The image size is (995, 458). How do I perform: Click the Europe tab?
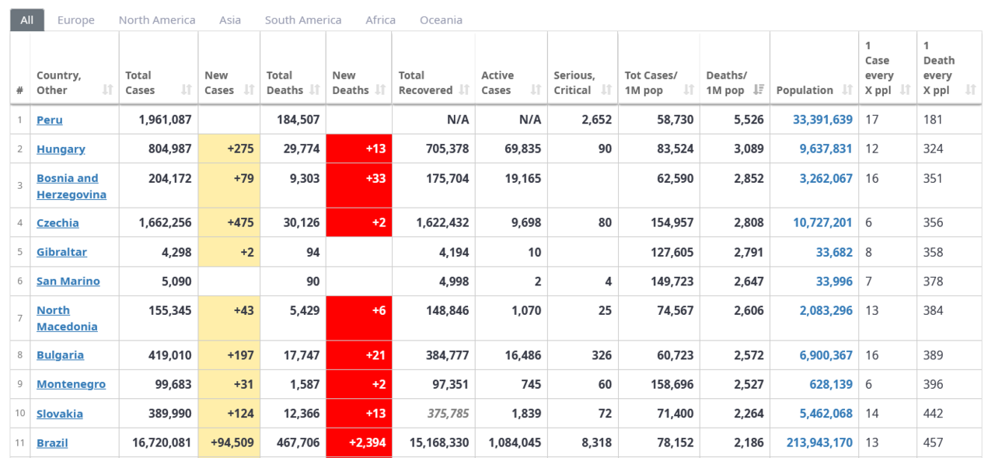[75, 20]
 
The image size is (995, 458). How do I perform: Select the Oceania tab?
[441, 20]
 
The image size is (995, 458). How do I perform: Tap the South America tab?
[302, 20]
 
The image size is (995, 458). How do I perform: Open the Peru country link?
[50, 120]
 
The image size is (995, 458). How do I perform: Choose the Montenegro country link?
[71, 384]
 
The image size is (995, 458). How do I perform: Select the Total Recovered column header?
[425, 82]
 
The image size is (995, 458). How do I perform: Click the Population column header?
[805, 90]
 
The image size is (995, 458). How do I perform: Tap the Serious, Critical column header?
[574, 82]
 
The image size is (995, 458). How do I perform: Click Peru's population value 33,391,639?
[822, 120]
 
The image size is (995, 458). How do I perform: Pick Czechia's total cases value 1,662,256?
[165, 222]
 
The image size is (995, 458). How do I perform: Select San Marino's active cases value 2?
[537, 281]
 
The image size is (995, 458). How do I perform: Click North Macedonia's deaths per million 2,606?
[749, 310]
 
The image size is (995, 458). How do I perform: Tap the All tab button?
[27, 20]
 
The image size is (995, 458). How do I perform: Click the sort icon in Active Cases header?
[536, 90]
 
